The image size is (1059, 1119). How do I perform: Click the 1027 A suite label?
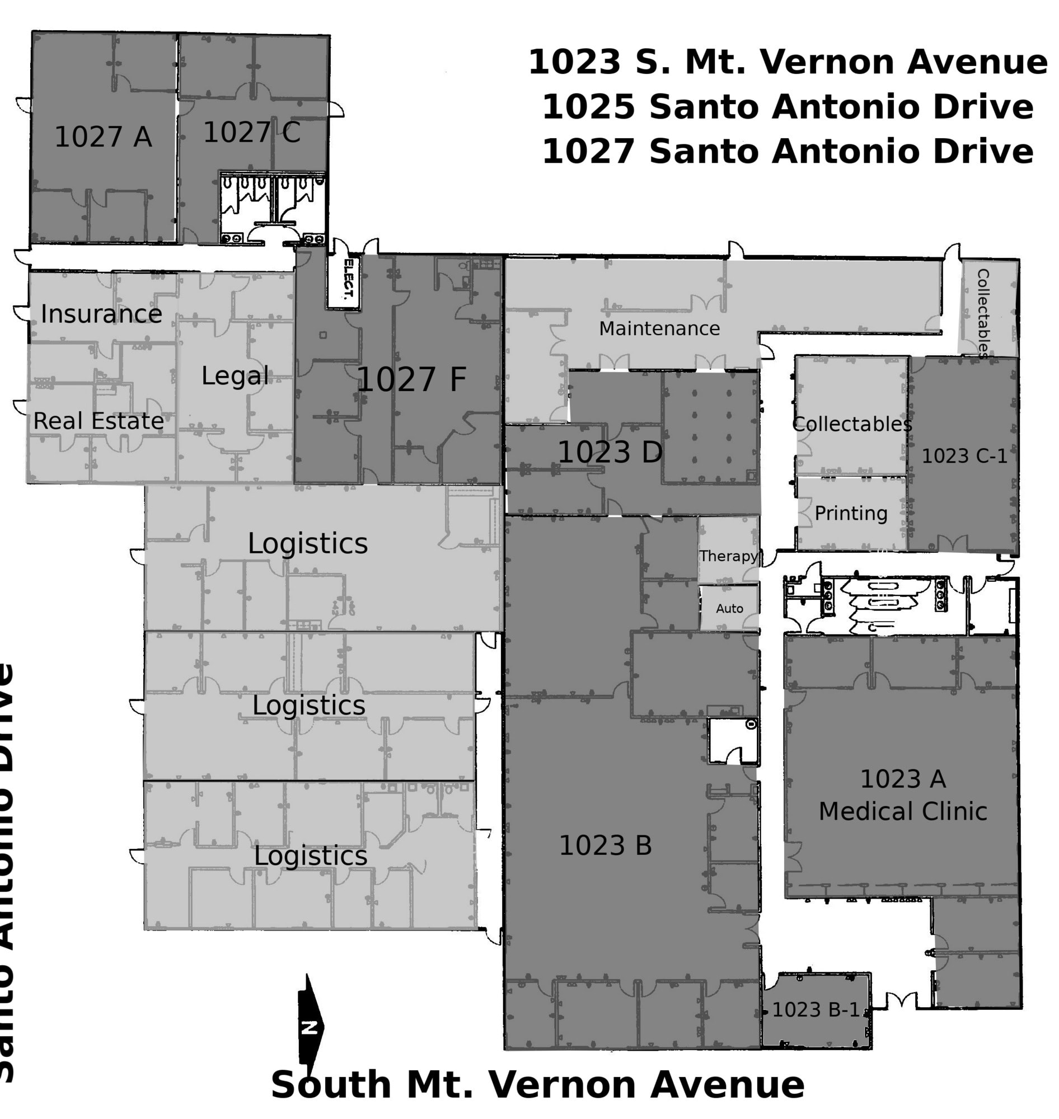[x=103, y=137]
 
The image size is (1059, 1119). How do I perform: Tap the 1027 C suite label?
[x=251, y=133]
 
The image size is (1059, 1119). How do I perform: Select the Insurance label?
[x=101, y=314]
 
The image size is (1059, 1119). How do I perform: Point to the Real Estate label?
[x=98, y=421]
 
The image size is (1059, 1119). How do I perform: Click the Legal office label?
[x=235, y=376]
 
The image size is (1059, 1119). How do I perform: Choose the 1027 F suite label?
[x=411, y=379]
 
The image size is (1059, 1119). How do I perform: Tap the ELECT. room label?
[x=349, y=279]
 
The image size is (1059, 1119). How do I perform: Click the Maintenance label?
[x=659, y=328]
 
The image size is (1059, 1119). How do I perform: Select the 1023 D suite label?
[x=610, y=452]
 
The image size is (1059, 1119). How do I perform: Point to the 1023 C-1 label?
[x=964, y=456]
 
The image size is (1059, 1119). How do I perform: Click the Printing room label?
[x=851, y=514]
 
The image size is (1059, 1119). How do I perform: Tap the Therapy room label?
[x=728, y=556]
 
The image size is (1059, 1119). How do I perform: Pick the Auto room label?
[x=729, y=608]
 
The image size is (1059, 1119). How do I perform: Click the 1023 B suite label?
[x=605, y=845]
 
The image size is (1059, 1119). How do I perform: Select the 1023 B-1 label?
[x=815, y=1009]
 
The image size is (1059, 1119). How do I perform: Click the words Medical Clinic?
[x=903, y=811]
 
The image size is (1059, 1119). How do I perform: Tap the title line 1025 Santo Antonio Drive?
[x=788, y=107]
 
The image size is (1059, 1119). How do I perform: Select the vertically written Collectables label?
[x=983, y=313]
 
